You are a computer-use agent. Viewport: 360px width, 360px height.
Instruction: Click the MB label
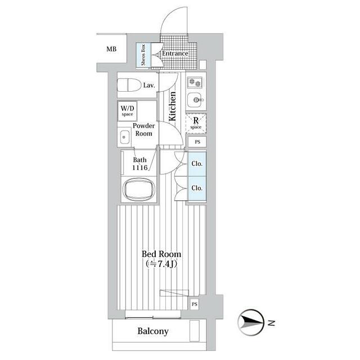pyautogui.click(x=112, y=49)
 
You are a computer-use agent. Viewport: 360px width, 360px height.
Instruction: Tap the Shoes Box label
pyautogui.click(x=143, y=55)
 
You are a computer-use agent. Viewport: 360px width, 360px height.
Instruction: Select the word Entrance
pyautogui.click(x=179, y=53)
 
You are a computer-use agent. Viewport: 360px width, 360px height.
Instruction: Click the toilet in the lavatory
pyautogui.click(x=129, y=85)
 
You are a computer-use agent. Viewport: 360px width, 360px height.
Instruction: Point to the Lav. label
pyautogui.click(x=149, y=85)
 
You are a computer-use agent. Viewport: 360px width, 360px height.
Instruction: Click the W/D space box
pyautogui.click(x=127, y=110)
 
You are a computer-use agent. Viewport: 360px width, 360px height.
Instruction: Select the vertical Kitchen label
pyautogui.click(x=173, y=106)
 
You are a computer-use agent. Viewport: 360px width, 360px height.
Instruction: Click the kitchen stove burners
pyautogui.click(x=195, y=82)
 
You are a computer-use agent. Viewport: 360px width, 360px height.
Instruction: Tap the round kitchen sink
pyautogui.click(x=196, y=101)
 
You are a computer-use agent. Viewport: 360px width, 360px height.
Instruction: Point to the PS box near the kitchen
pyautogui.click(x=197, y=142)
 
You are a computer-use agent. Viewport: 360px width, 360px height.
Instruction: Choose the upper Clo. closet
pyautogui.click(x=197, y=164)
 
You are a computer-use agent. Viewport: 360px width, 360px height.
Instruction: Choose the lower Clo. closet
pyautogui.click(x=197, y=188)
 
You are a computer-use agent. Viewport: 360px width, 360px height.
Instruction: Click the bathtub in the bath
pyautogui.click(x=138, y=190)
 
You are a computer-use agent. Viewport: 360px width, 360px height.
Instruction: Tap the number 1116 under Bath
pyautogui.click(x=139, y=168)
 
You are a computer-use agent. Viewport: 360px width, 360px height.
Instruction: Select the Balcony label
pyautogui.click(x=153, y=331)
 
